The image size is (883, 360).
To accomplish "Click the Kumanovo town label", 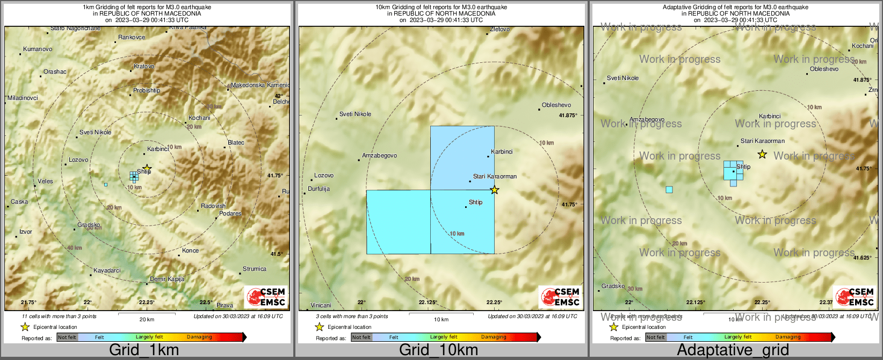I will coord(38,49).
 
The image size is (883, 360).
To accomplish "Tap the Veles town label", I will coord(45,181).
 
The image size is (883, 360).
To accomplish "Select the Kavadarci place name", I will coord(107,270).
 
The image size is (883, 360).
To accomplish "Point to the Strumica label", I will coord(254,269).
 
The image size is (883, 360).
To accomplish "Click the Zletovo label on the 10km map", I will coord(500,29).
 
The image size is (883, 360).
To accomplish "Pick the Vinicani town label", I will coord(321,305).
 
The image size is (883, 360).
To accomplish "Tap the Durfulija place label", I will coord(319,189).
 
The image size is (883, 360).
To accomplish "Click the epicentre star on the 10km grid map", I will coord(495,190).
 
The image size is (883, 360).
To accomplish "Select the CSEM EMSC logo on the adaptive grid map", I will coord(854,297).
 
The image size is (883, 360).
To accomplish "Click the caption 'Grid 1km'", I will coord(144,350).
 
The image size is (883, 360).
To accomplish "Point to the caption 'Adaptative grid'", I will coord(733,350).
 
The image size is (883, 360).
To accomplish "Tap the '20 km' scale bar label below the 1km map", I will coord(147,319).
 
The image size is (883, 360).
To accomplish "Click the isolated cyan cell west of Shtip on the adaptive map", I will coord(669,189).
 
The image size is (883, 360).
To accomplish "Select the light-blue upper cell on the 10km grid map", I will coord(462,157).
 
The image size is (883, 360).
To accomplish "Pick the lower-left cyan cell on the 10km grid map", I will coord(398,221).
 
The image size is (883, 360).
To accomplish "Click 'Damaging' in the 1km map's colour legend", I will coord(199,337).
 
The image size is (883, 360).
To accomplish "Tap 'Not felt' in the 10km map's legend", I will coord(361,337).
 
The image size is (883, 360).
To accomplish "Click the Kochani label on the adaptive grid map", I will coord(863,46).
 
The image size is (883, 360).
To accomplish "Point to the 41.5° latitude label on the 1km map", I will coord(276,254).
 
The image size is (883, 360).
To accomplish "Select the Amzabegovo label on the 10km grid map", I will coord(379,155).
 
